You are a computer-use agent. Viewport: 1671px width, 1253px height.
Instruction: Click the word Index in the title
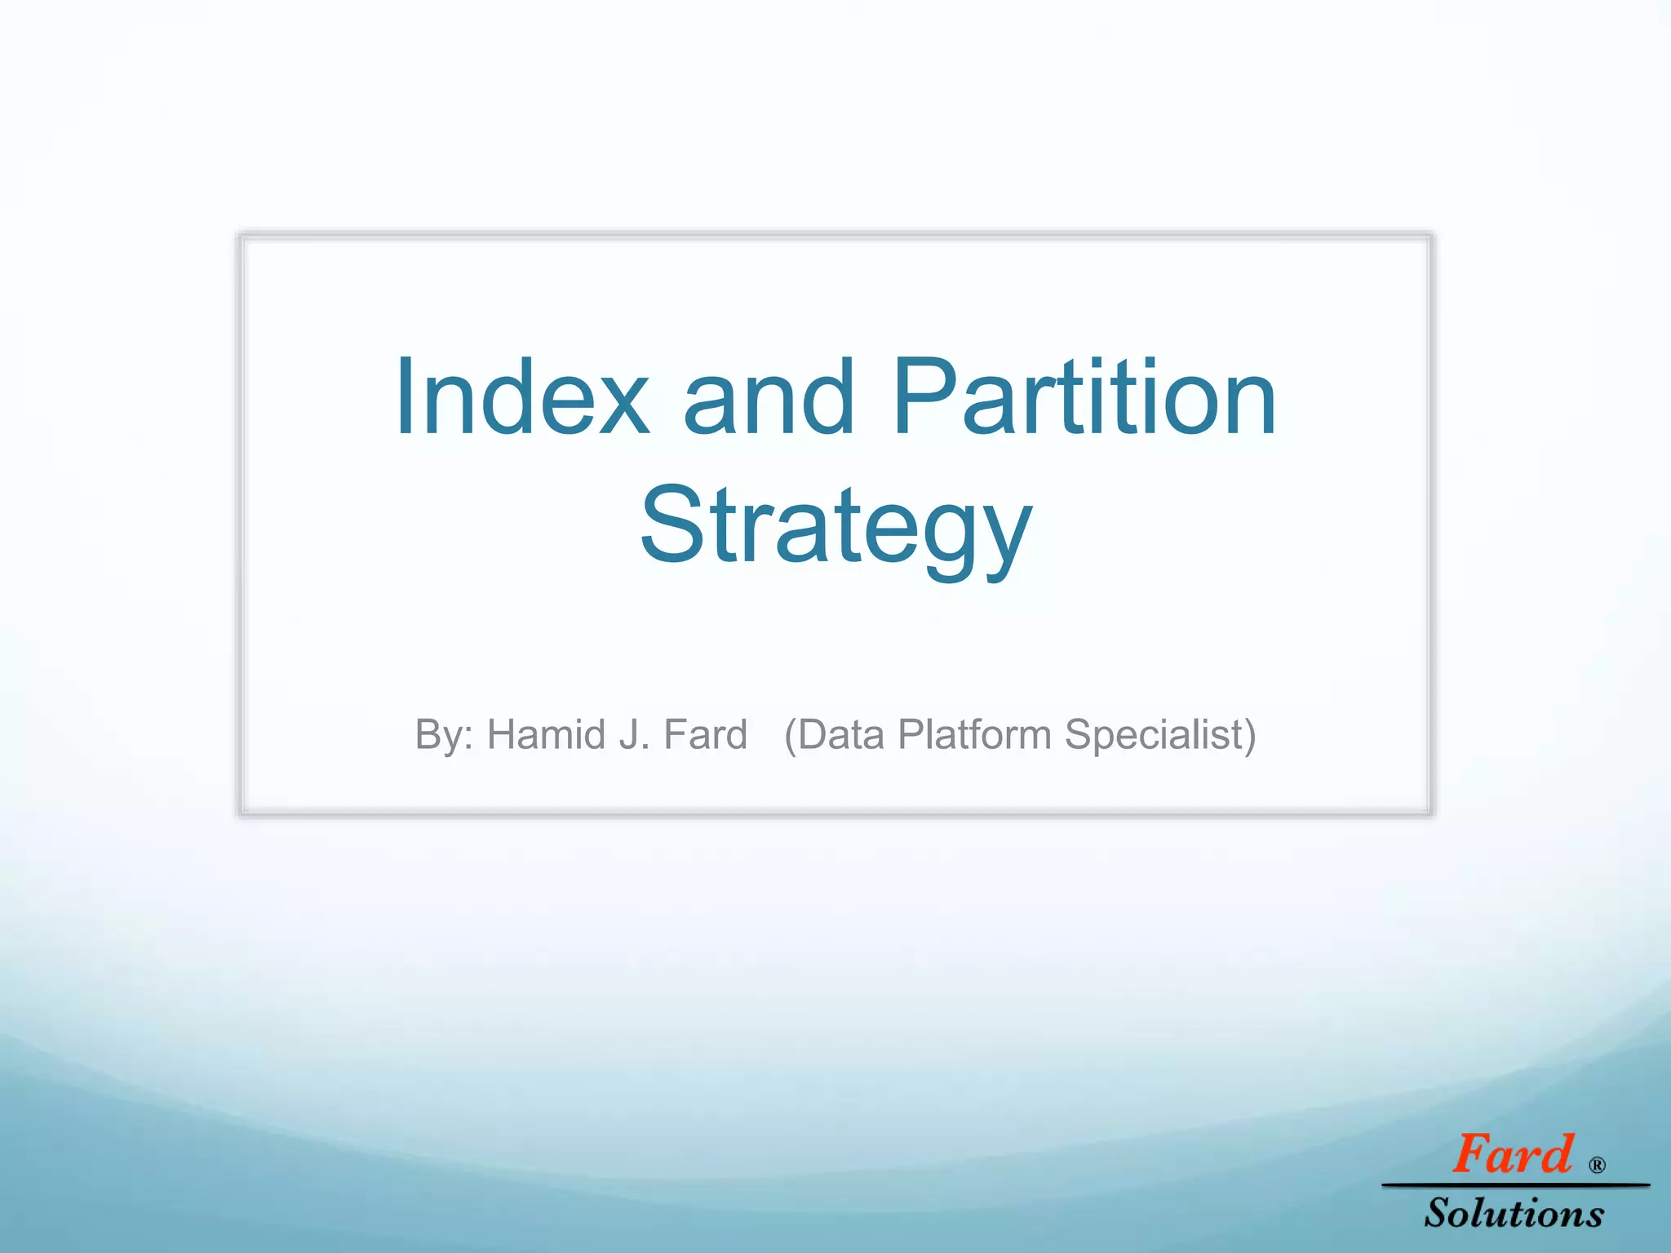(x=522, y=398)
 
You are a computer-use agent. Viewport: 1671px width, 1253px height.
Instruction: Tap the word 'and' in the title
(x=769, y=398)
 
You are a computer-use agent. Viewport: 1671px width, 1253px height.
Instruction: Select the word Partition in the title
(x=1084, y=398)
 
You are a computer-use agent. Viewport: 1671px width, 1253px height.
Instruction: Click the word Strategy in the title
(x=835, y=526)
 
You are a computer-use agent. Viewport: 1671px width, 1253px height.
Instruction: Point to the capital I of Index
(x=406, y=398)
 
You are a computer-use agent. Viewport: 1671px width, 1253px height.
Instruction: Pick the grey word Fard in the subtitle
(x=705, y=734)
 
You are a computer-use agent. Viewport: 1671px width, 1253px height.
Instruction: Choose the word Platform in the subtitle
(x=974, y=734)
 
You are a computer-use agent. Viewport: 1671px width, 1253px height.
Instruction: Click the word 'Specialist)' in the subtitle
(x=1160, y=734)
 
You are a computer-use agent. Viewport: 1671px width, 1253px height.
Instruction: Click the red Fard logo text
(x=1512, y=1155)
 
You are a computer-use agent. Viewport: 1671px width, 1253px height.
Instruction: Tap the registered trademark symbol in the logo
(x=1597, y=1166)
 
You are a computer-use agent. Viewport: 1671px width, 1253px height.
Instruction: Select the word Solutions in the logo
(x=1514, y=1213)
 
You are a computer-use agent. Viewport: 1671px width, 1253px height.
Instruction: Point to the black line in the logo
(x=1514, y=1184)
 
